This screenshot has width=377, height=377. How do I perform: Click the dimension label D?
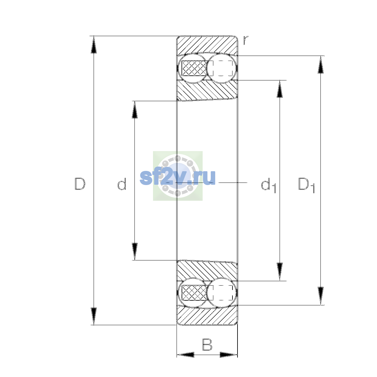(80, 184)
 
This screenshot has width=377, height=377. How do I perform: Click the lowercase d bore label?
(122, 184)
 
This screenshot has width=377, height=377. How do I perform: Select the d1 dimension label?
(268, 185)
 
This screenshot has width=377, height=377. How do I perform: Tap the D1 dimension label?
(306, 185)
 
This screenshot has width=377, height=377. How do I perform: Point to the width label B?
(207, 345)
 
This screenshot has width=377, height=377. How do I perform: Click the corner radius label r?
(246, 40)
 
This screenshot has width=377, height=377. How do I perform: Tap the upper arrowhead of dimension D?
(94, 45)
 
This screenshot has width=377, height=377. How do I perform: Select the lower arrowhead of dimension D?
(94, 316)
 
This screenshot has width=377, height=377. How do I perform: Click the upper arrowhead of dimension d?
(134, 110)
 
